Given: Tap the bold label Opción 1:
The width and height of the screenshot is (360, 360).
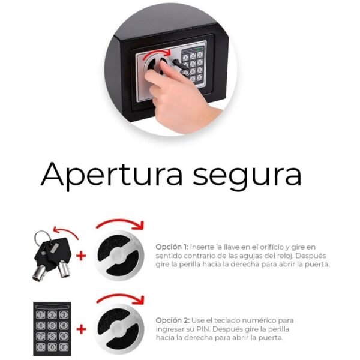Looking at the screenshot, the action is click(x=172, y=247).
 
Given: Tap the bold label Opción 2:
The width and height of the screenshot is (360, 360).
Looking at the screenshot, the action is click(x=173, y=320).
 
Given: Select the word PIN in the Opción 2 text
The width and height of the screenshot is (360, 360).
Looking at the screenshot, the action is click(x=203, y=329).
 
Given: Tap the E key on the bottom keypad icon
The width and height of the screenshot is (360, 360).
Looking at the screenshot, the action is click(x=64, y=347).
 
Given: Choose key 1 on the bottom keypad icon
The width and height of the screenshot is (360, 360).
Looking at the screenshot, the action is click(x=41, y=314).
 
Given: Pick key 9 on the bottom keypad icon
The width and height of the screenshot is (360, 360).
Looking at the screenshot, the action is click(x=64, y=337).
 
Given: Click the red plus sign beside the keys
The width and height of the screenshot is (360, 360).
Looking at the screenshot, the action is click(x=81, y=256).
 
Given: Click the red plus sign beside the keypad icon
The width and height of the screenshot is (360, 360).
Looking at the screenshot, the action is click(x=81, y=330).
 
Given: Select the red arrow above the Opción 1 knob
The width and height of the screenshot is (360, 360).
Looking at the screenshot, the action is click(x=120, y=221).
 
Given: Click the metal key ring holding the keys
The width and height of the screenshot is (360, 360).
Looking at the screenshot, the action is click(x=40, y=237).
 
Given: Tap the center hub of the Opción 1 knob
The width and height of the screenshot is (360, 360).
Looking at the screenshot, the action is click(x=118, y=256).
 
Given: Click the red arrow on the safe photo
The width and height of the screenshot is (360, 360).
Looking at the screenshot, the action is click(x=158, y=52).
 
